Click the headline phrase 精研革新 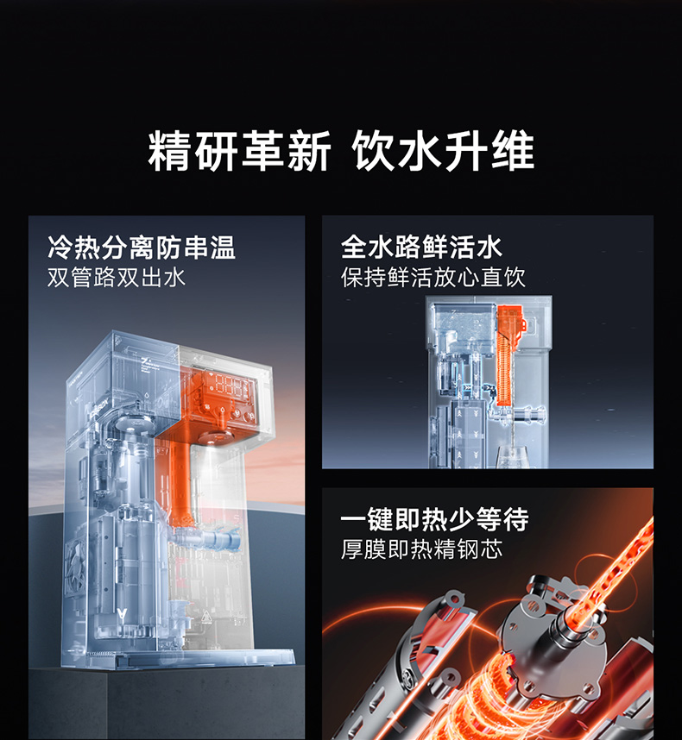click(x=239, y=151)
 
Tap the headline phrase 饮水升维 click(x=443, y=151)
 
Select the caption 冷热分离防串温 click(x=142, y=248)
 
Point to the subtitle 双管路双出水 click(x=117, y=277)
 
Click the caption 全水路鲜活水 click(x=421, y=247)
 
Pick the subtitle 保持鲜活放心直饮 click(x=433, y=277)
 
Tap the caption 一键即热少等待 click(x=434, y=519)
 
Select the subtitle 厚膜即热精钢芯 click(x=422, y=549)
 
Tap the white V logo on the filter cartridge click(x=122, y=615)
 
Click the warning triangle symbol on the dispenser click(x=206, y=617)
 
